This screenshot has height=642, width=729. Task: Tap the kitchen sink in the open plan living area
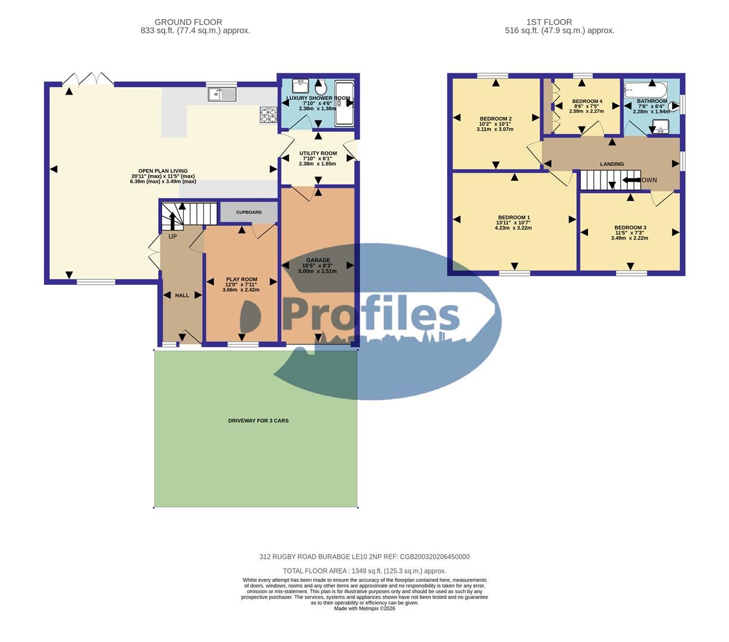pyautogui.click(x=222, y=94)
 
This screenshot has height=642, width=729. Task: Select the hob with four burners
pyautogui.click(x=268, y=115)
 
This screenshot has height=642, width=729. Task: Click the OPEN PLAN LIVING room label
pyautogui.click(x=163, y=171)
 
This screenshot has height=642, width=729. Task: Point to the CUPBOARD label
pyautogui.click(x=249, y=212)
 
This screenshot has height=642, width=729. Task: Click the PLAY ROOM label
pyautogui.click(x=241, y=279)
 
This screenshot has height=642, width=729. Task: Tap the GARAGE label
pyautogui.click(x=318, y=260)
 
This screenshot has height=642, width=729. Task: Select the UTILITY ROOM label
pyautogui.click(x=318, y=153)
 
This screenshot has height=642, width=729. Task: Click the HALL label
pyautogui.click(x=182, y=295)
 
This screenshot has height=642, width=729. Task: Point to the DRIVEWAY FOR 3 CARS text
pyautogui.click(x=258, y=421)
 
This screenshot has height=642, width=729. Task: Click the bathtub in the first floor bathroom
pyautogui.click(x=645, y=90)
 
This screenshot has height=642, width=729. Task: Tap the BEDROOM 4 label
pyautogui.click(x=587, y=102)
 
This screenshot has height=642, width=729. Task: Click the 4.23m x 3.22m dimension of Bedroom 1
pyautogui.click(x=513, y=228)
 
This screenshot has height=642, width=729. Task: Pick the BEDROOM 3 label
pyautogui.click(x=630, y=228)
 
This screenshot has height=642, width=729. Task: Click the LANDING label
pyautogui.click(x=612, y=164)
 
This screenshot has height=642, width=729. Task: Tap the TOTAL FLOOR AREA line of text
pyautogui.click(x=364, y=571)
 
